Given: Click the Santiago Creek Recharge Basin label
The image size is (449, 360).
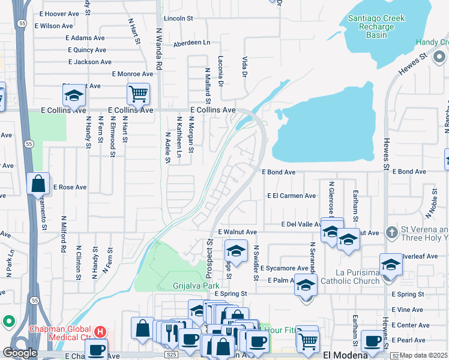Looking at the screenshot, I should [x=376, y=26].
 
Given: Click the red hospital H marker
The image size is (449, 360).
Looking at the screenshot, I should [x=100, y=331].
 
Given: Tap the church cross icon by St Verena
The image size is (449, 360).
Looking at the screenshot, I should [x=391, y=231].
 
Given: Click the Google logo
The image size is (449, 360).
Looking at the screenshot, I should [x=20, y=353].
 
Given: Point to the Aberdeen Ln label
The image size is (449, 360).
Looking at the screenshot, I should [x=192, y=43].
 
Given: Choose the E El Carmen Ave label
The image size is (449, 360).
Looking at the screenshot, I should [x=292, y=196].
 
